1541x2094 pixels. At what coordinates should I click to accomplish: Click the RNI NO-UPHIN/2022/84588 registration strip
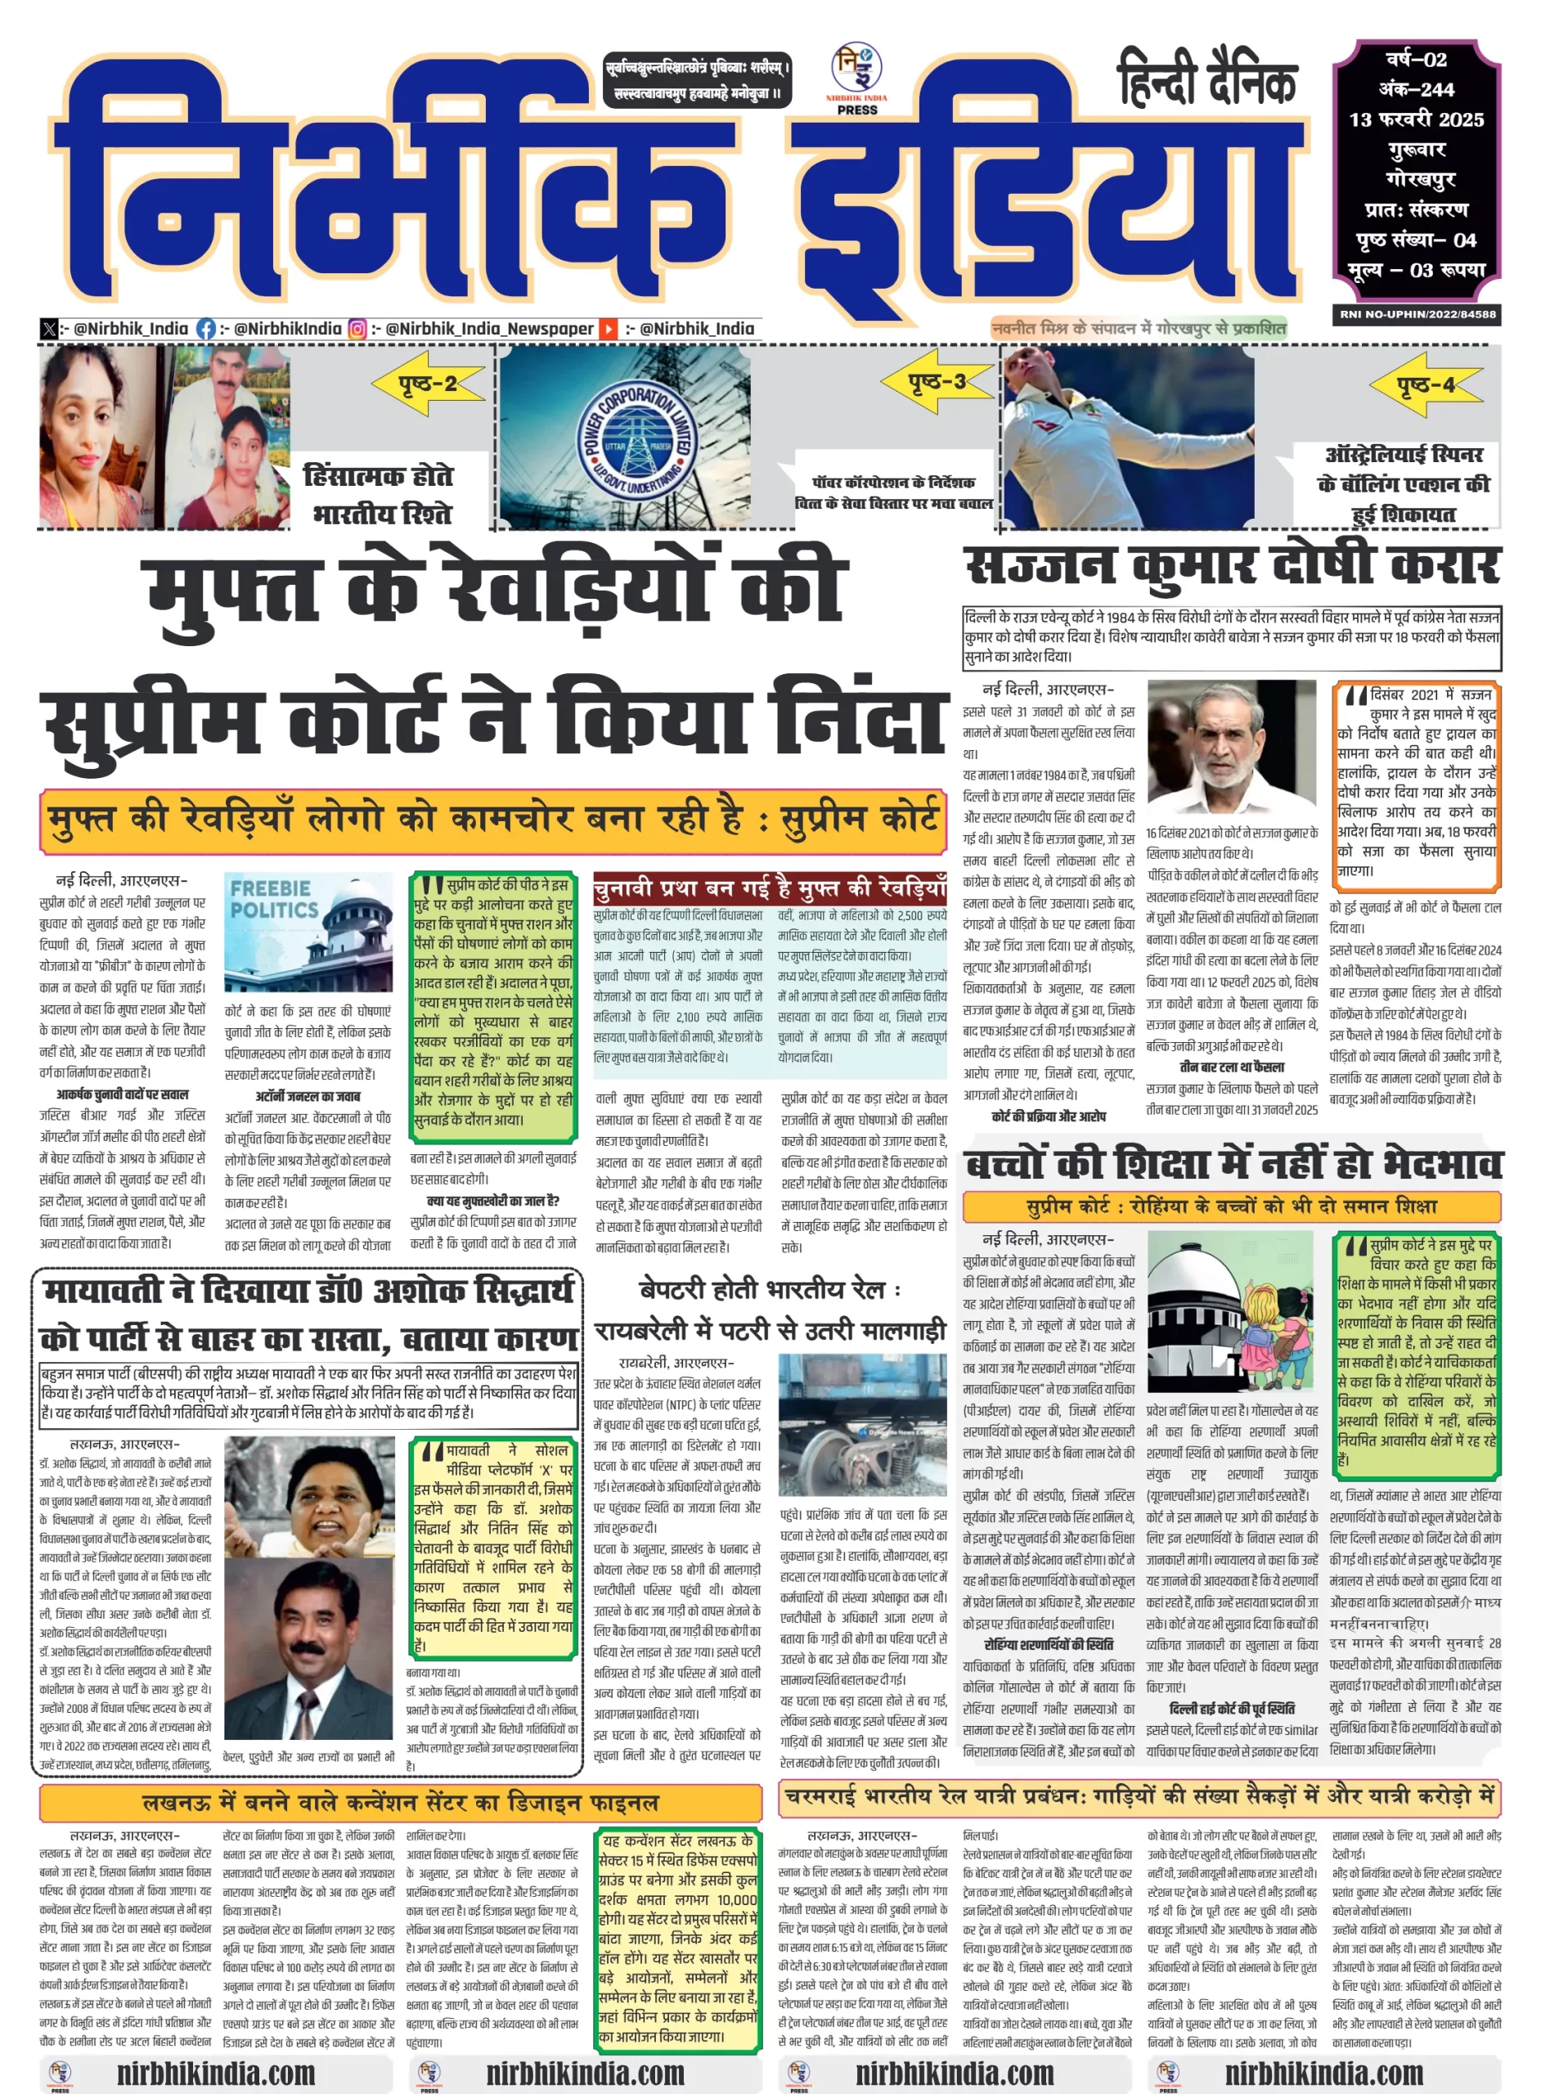coord(1417,315)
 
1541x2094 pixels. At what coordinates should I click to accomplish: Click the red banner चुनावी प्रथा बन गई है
coord(770,888)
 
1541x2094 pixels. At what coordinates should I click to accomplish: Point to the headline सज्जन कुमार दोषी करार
coord(1231,566)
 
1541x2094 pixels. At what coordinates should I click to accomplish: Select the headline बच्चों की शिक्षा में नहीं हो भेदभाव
coord(1231,1165)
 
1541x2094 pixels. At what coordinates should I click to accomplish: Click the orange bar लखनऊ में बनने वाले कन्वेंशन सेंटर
coord(401,1802)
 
